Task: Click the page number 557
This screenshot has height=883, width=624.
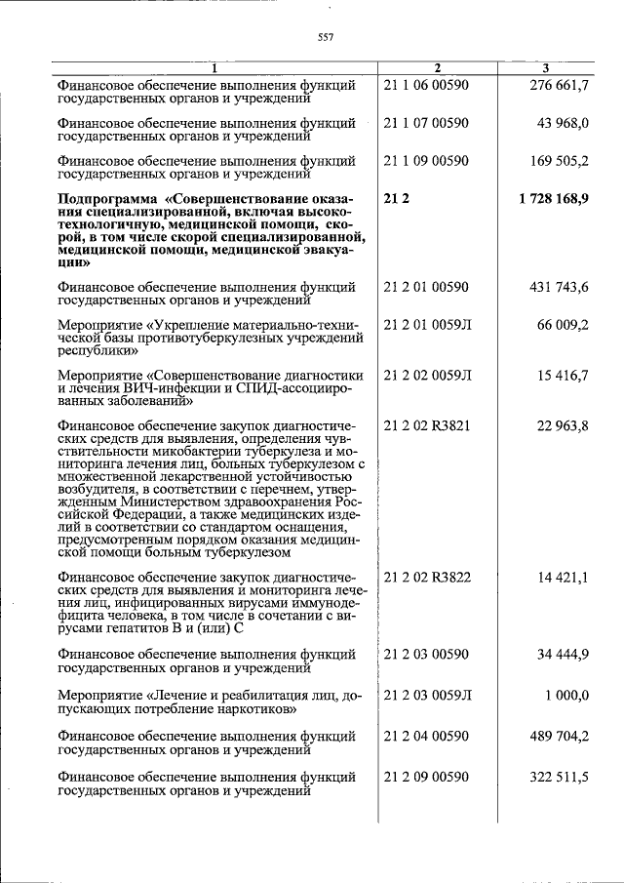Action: pos(326,38)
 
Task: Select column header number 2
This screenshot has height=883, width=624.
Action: pos(437,68)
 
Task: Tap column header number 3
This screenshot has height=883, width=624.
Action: pos(546,68)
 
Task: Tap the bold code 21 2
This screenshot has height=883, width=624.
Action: pos(395,198)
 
